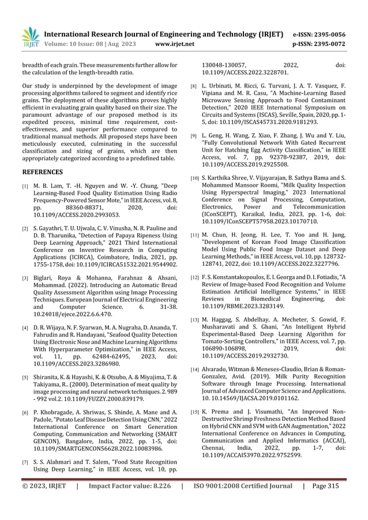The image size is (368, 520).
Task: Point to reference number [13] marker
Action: point(195,319)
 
